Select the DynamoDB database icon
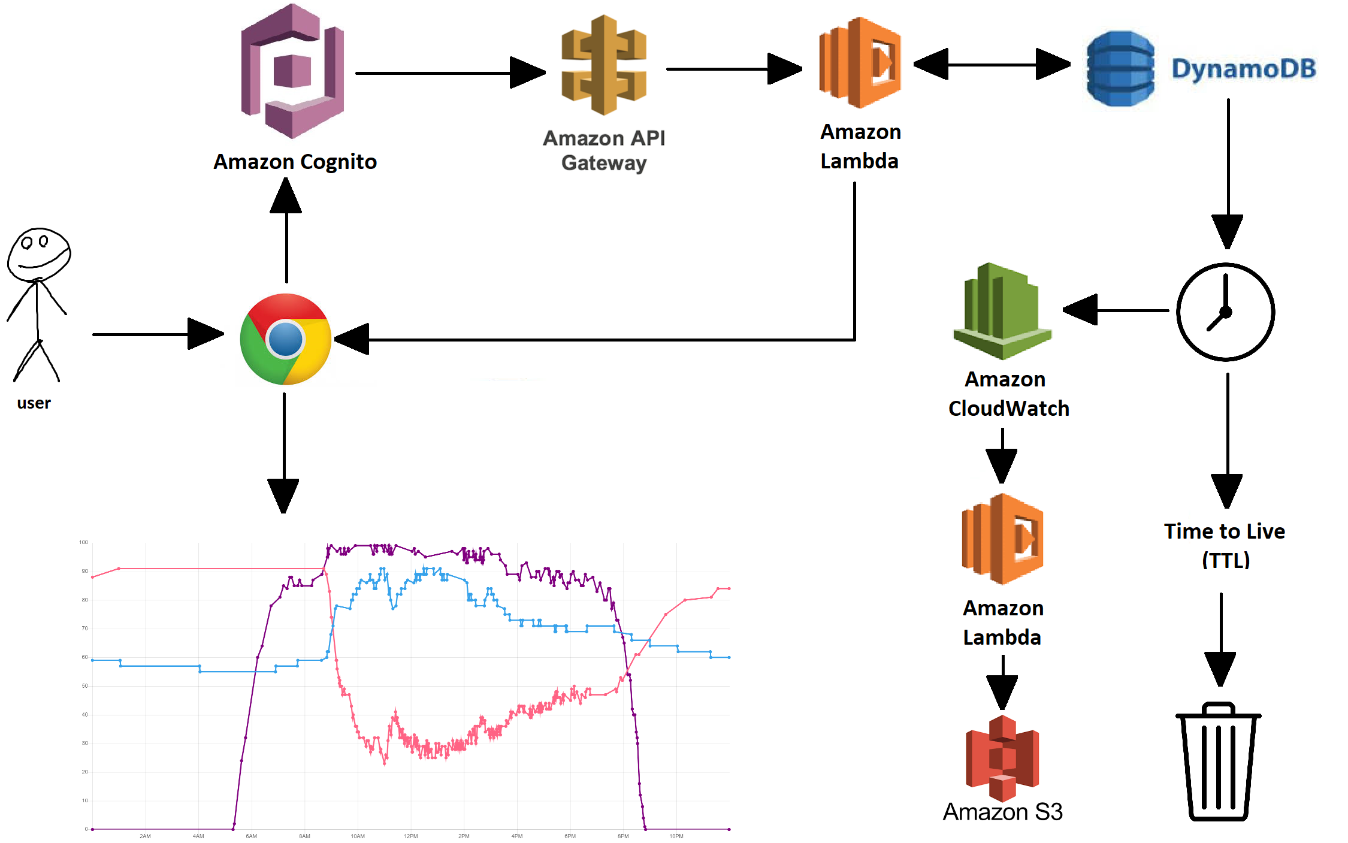tap(1120, 68)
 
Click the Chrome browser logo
tap(286, 339)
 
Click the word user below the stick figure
tap(34, 403)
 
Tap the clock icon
tap(1225, 312)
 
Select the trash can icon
tap(1218, 762)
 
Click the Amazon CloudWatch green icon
tap(1002, 311)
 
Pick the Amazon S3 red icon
tap(1002, 758)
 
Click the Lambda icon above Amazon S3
tap(1002, 539)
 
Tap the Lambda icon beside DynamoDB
tap(860, 62)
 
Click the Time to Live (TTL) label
tap(1225, 545)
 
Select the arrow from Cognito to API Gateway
tap(449, 73)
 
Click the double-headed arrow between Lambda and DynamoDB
tap(992, 64)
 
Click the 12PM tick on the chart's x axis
tap(411, 836)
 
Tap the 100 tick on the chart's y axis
tap(83, 542)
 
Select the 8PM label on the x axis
tap(623, 836)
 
